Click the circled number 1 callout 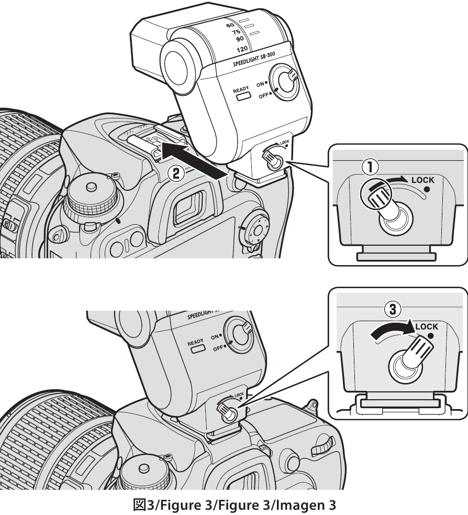coord(369,169)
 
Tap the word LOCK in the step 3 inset coord(427,326)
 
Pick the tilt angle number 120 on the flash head coord(227,49)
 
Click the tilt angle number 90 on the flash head coord(228,39)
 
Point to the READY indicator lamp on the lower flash coord(198,348)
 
